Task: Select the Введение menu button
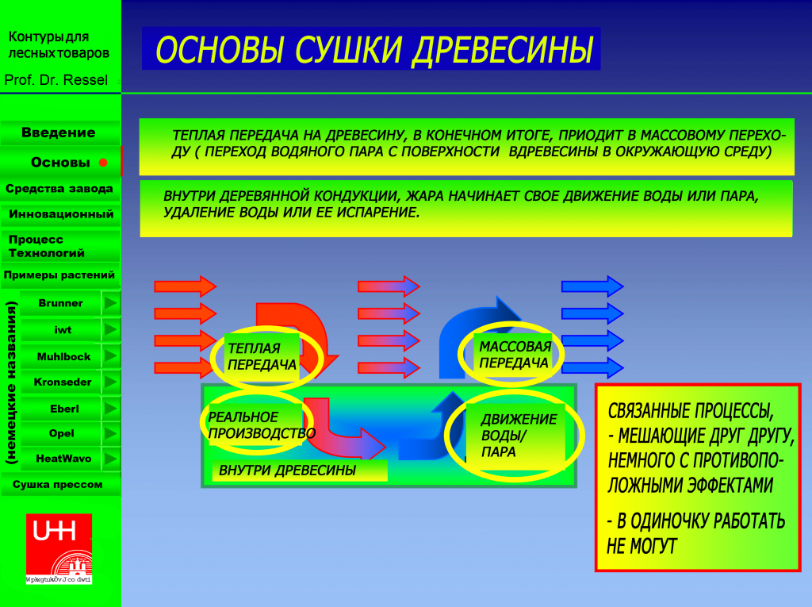(59, 133)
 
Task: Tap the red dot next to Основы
(103, 163)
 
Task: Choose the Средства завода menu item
(59, 189)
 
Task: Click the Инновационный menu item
(61, 214)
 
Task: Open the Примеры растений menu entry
(59, 275)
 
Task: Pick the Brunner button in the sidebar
(60, 303)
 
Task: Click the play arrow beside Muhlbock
(110, 356)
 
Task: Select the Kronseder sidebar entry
(63, 382)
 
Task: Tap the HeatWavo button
(63, 459)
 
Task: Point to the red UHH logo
(59, 547)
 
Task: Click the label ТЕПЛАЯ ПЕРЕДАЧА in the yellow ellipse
(262, 356)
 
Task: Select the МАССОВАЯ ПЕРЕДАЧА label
(514, 355)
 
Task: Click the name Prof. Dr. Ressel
(56, 80)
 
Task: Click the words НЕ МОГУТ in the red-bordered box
(642, 546)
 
